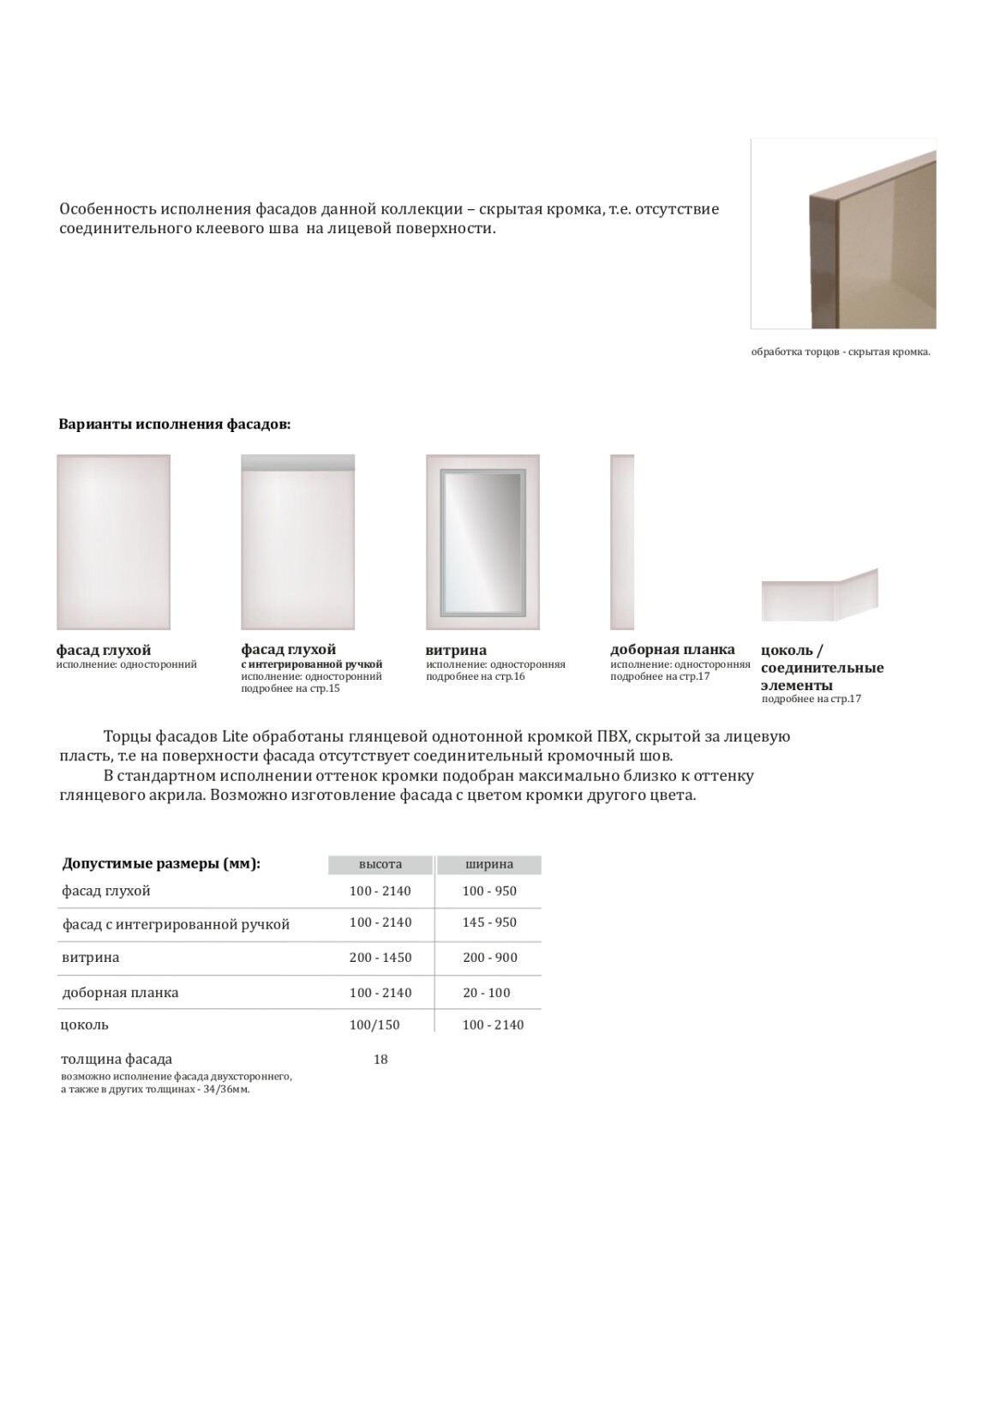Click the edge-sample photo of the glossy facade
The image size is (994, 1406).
click(x=843, y=233)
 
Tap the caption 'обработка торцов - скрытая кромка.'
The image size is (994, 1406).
click(x=840, y=351)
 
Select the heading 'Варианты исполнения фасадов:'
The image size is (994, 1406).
click(x=175, y=424)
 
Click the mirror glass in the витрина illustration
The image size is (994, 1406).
click(x=482, y=542)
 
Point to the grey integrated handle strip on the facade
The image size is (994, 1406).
click(x=297, y=463)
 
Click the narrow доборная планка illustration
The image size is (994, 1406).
click(x=622, y=542)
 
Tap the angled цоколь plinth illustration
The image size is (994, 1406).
click(x=819, y=595)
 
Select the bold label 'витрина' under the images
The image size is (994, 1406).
click(x=456, y=650)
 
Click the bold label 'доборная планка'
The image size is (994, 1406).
click(x=673, y=649)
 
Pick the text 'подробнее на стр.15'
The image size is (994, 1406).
click(x=290, y=688)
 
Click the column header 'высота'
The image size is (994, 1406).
click(x=380, y=864)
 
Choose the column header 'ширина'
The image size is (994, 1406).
click(x=489, y=864)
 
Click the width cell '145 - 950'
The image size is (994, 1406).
click(x=489, y=922)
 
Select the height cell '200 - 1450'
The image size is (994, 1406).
click(x=380, y=958)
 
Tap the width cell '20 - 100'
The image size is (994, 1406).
click(x=487, y=993)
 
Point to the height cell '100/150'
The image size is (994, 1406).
click(x=374, y=1024)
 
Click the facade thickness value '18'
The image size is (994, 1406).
click(x=380, y=1060)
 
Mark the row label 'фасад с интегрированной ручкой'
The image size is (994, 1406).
click(x=176, y=924)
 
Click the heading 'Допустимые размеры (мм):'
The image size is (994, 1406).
click(x=161, y=863)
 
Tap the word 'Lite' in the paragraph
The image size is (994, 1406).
click(x=235, y=736)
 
